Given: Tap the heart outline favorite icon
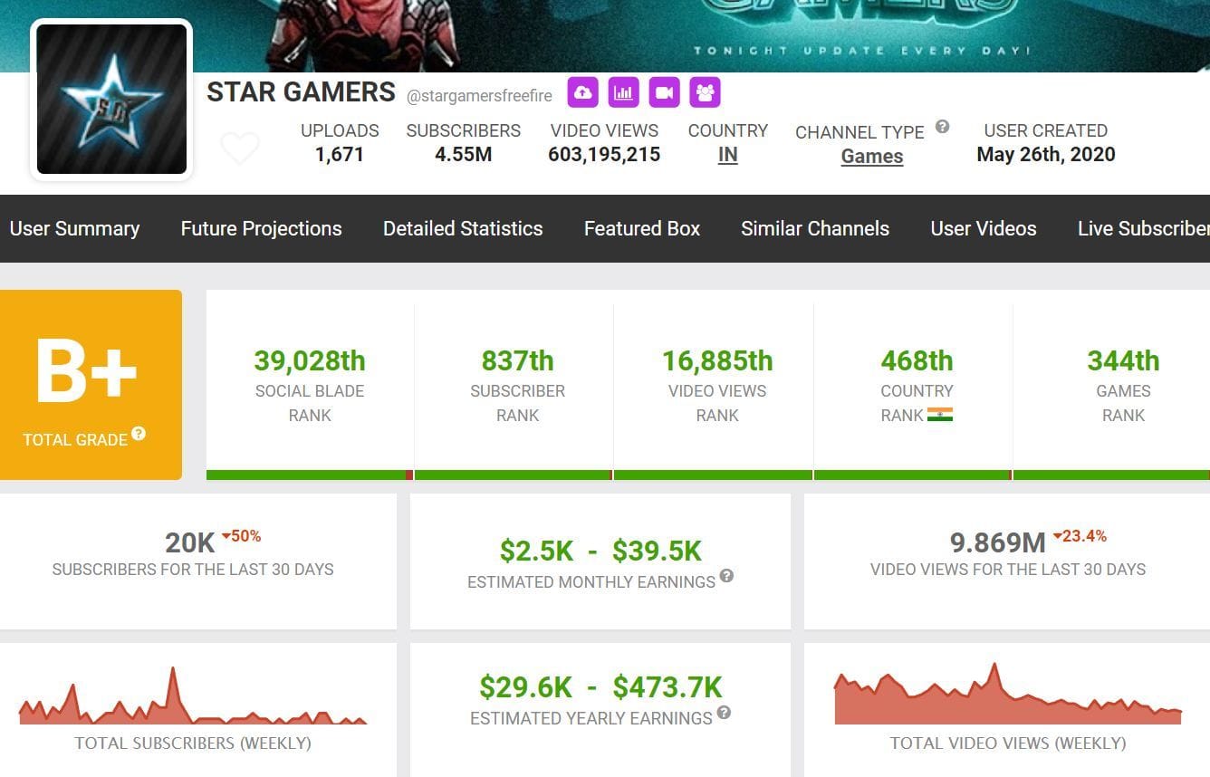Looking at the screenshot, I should (240, 148).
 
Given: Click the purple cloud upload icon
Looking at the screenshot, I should (582, 92).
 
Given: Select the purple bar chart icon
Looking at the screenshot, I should (623, 92).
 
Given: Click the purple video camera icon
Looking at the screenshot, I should (664, 92).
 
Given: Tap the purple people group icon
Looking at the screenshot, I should (705, 92).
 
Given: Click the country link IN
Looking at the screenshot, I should (727, 155).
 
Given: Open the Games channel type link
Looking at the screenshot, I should (871, 156).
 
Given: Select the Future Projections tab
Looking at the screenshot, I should (261, 228).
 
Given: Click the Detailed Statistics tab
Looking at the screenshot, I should (463, 228).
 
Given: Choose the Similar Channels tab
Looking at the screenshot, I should (814, 228).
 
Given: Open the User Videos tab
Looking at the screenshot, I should (983, 228).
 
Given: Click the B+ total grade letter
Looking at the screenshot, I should (86, 372).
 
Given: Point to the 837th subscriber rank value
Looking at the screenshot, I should (517, 360).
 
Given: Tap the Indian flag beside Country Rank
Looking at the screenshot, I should (940, 415).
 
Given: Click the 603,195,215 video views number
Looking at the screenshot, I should (604, 155).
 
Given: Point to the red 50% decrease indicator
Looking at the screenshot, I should (241, 536).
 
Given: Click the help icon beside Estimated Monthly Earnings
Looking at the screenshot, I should (726, 576).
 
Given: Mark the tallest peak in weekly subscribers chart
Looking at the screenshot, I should (172, 670).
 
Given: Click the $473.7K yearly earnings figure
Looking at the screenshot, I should (667, 687).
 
